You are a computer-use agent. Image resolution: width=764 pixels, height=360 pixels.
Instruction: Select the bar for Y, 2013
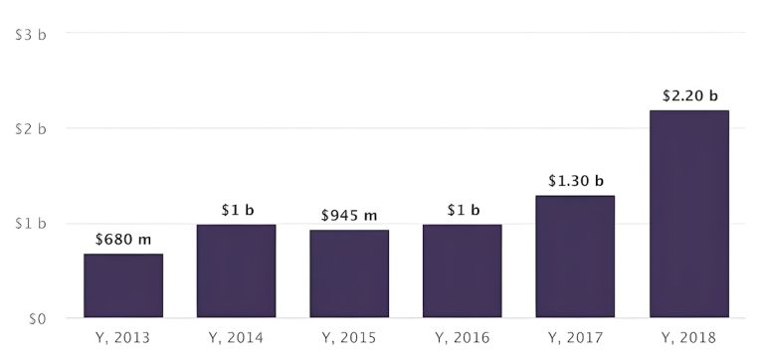[x=123, y=286]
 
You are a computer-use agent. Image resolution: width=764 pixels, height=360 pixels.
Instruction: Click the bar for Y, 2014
[x=237, y=271]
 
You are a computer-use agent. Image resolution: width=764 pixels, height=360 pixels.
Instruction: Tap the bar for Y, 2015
[x=349, y=274]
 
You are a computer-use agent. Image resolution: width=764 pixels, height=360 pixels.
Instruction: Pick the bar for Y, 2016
[x=463, y=271]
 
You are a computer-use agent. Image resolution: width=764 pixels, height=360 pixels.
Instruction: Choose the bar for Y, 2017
[x=575, y=257]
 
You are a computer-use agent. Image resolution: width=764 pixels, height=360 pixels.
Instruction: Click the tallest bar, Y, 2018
[x=689, y=214]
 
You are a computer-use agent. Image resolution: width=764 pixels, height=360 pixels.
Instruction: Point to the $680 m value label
[x=123, y=239]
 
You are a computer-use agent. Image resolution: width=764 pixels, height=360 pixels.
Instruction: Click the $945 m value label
[x=349, y=215]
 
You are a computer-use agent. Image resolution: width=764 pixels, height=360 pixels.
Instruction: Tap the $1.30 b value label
[x=575, y=181]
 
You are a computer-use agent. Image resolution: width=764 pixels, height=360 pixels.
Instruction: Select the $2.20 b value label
[x=689, y=95]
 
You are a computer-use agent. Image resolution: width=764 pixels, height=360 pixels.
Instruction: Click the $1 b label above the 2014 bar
[x=237, y=210]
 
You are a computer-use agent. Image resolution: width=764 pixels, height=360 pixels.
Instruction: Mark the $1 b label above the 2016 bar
[x=463, y=210]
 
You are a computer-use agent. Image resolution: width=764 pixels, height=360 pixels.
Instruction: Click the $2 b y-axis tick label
[x=31, y=129]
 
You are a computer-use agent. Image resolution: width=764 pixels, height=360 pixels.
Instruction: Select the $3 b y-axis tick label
[x=31, y=34]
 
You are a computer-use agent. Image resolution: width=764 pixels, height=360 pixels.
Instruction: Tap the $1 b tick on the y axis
[x=31, y=225]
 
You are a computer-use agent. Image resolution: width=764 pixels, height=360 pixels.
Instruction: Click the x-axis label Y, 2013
[x=123, y=338]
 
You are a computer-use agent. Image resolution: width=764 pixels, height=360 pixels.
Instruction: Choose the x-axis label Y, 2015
[x=349, y=338]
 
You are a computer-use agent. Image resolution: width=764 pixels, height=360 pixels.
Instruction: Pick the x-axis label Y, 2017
[x=575, y=338]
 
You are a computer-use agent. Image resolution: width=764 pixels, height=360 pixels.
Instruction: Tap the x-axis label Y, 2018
[x=689, y=338]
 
